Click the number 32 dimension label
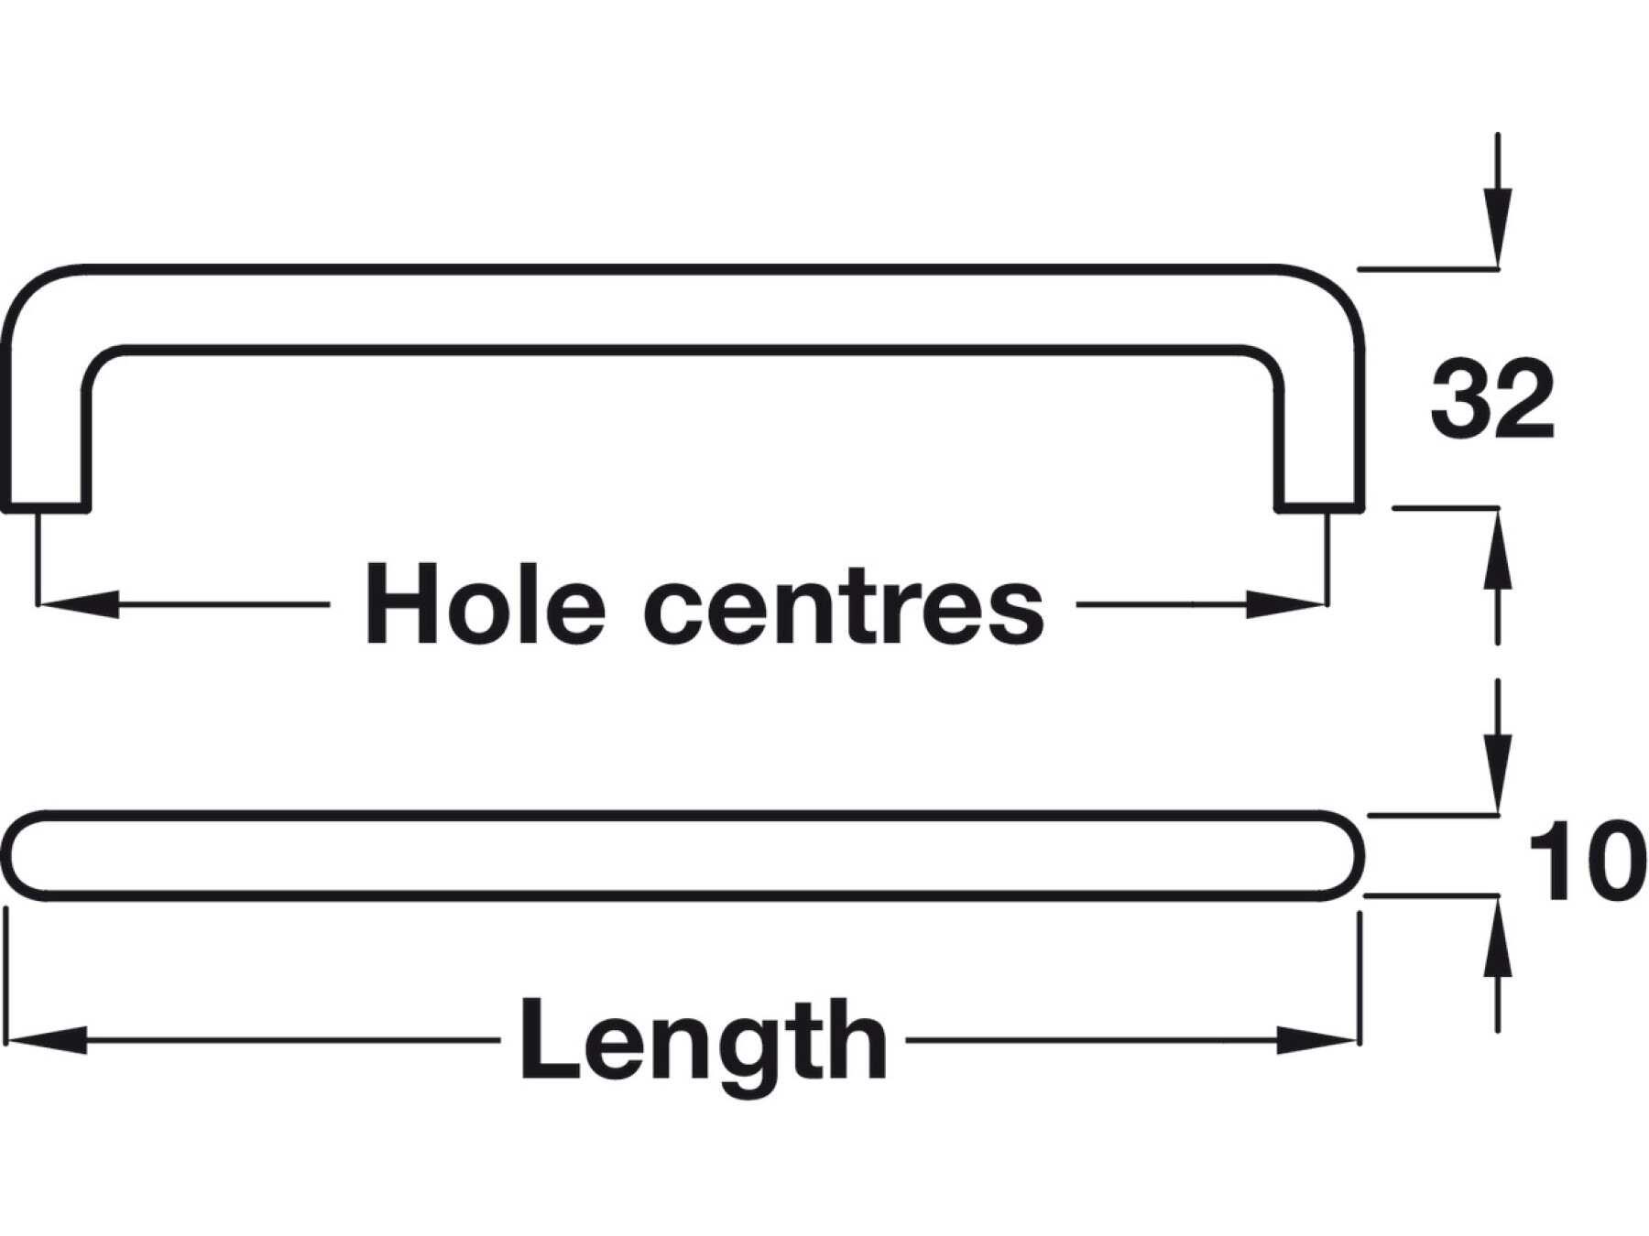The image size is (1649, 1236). point(1491,400)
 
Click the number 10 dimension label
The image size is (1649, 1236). point(1583,862)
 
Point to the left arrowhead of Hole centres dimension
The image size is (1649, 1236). point(78,604)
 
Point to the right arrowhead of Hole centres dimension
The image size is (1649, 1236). point(1285,604)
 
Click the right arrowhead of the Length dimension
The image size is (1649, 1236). point(1316,1040)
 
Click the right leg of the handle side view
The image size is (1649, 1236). point(1320,430)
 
